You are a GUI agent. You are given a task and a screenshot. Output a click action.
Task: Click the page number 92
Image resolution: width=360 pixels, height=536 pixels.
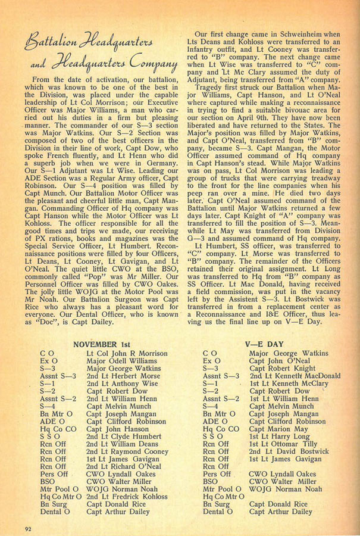28,526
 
